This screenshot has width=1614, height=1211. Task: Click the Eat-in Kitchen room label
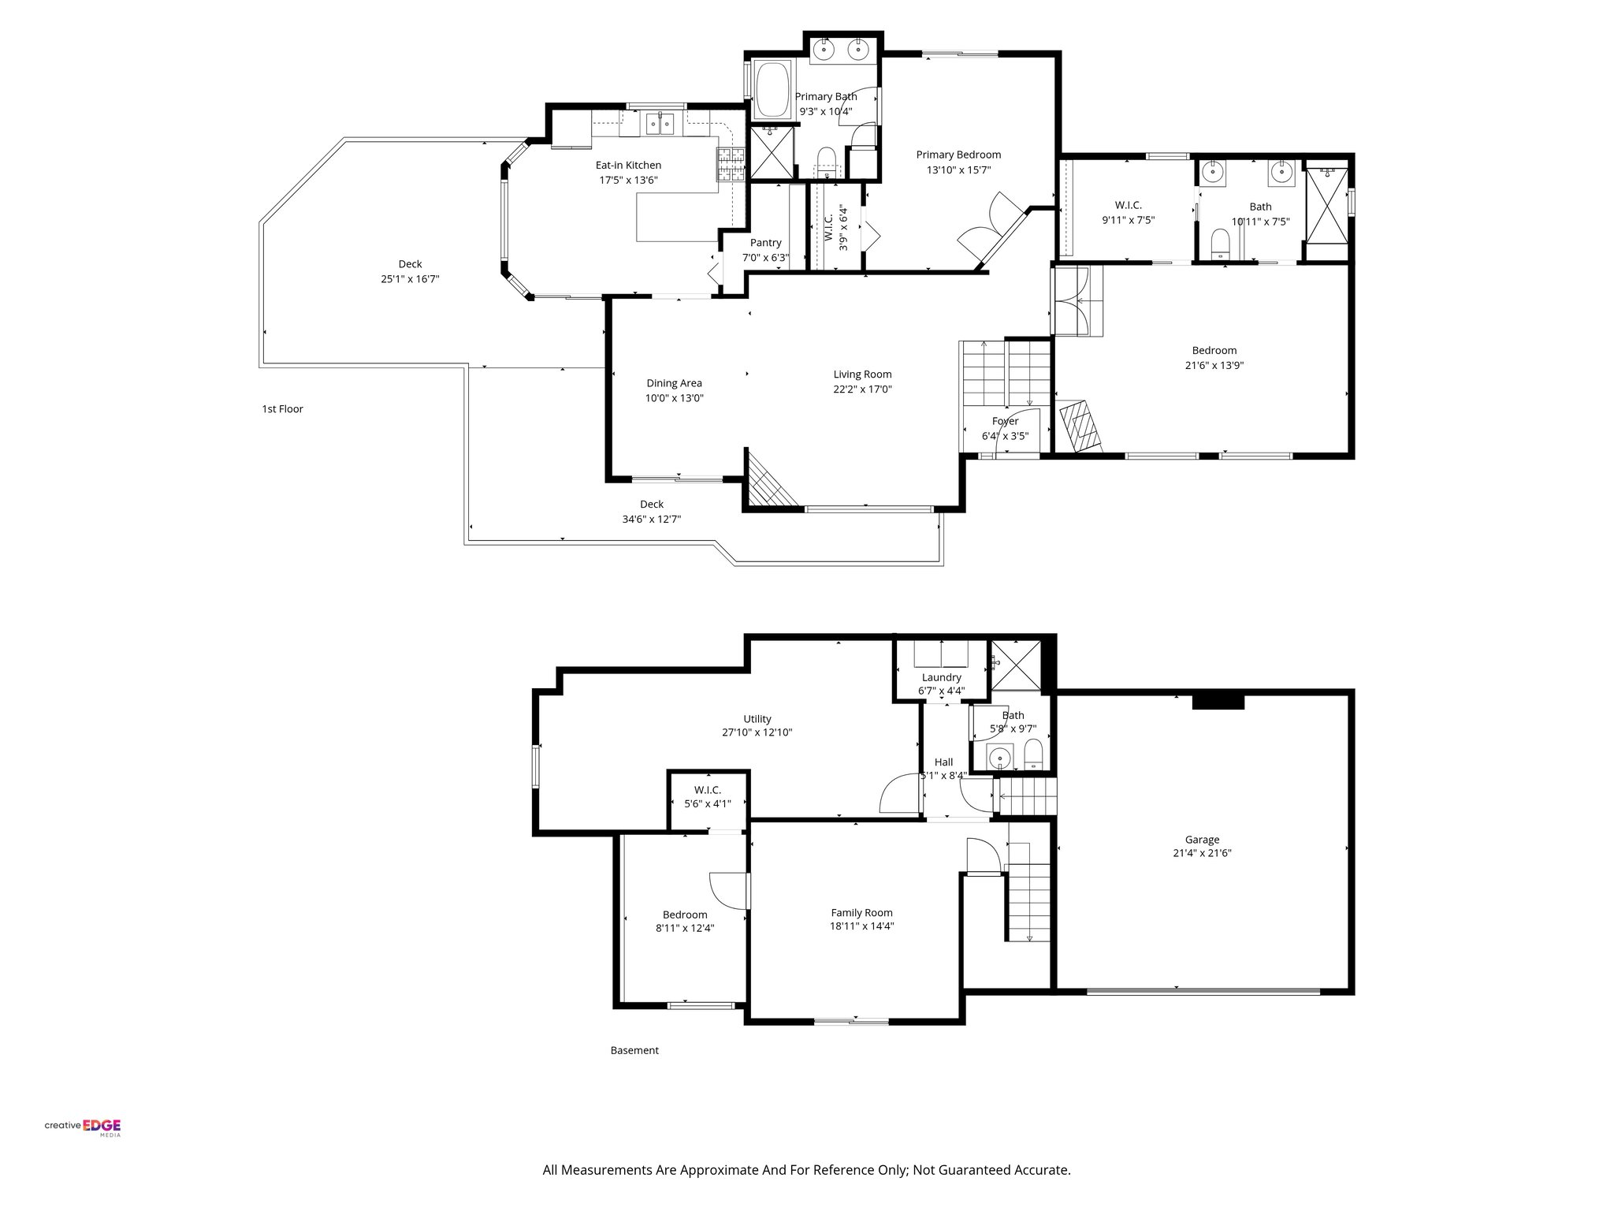point(627,165)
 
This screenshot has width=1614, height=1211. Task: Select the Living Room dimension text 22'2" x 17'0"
point(862,389)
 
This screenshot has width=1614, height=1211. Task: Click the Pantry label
point(765,243)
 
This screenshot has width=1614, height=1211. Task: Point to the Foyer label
point(1005,421)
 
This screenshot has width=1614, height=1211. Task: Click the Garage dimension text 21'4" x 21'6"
point(1201,853)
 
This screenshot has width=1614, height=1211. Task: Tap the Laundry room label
point(941,677)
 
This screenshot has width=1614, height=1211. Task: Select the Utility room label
point(757,718)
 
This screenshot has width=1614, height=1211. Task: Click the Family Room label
point(861,912)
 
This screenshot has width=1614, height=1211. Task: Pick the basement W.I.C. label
point(707,789)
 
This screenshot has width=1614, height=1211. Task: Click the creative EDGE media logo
point(83,1127)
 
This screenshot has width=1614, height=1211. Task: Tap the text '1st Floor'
point(282,409)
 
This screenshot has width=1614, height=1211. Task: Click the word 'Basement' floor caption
point(634,1050)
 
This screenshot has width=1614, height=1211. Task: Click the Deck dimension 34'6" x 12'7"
point(651,519)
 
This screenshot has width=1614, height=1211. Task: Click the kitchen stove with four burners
point(179,165)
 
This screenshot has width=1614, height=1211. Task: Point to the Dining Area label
point(674,383)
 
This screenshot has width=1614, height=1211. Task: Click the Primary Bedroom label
point(958,155)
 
